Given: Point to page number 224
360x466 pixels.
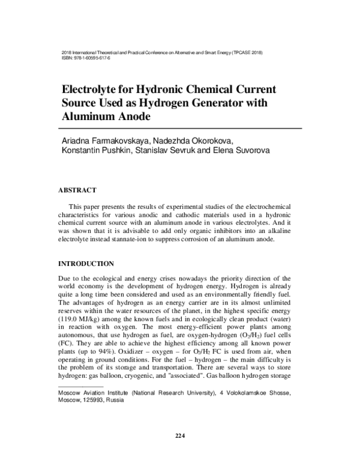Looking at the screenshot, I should (179, 435).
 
